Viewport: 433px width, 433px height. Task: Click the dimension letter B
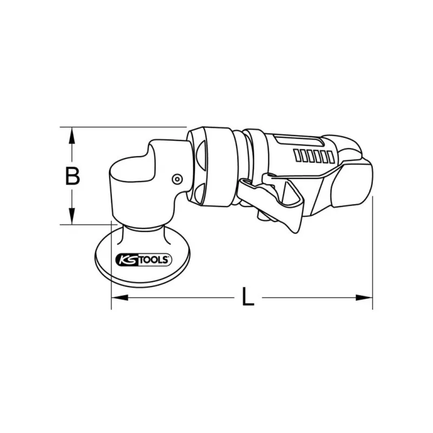(x=73, y=176)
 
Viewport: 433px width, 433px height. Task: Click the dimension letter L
(x=247, y=297)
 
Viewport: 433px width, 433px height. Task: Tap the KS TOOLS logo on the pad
(x=143, y=260)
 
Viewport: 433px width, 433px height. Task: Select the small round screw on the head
(x=176, y=179)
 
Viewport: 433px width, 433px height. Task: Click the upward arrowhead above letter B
(x=71, y=135)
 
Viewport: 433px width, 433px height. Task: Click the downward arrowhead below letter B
(x=71, y=216)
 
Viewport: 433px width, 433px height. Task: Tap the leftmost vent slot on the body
(x=297, y=156)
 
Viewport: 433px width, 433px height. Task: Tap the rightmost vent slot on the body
(x=331, y=157)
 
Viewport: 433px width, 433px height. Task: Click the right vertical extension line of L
(x=372, y=254)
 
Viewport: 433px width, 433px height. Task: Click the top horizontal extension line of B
(x=124, y=127)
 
